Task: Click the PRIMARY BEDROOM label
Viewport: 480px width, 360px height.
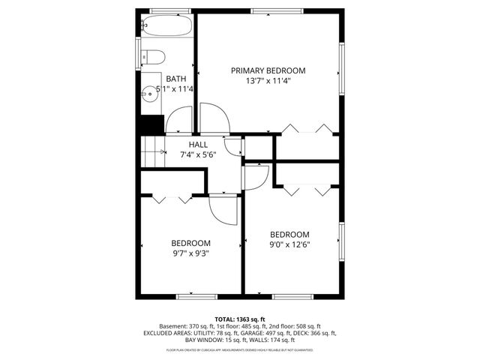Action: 268,70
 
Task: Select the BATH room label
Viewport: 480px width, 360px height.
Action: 176,79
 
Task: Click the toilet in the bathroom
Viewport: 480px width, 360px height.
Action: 152,56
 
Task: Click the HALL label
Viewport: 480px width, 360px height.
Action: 198,145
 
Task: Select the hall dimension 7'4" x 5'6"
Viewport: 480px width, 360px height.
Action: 199,154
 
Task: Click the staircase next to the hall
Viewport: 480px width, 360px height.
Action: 153,153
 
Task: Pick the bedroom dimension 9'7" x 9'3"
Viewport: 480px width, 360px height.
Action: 190,253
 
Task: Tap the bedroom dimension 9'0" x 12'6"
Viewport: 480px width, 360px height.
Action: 289,244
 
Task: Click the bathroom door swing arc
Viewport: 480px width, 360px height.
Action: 178,121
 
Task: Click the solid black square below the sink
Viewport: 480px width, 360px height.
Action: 153,124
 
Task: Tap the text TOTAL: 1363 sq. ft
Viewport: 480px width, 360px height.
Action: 240,319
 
